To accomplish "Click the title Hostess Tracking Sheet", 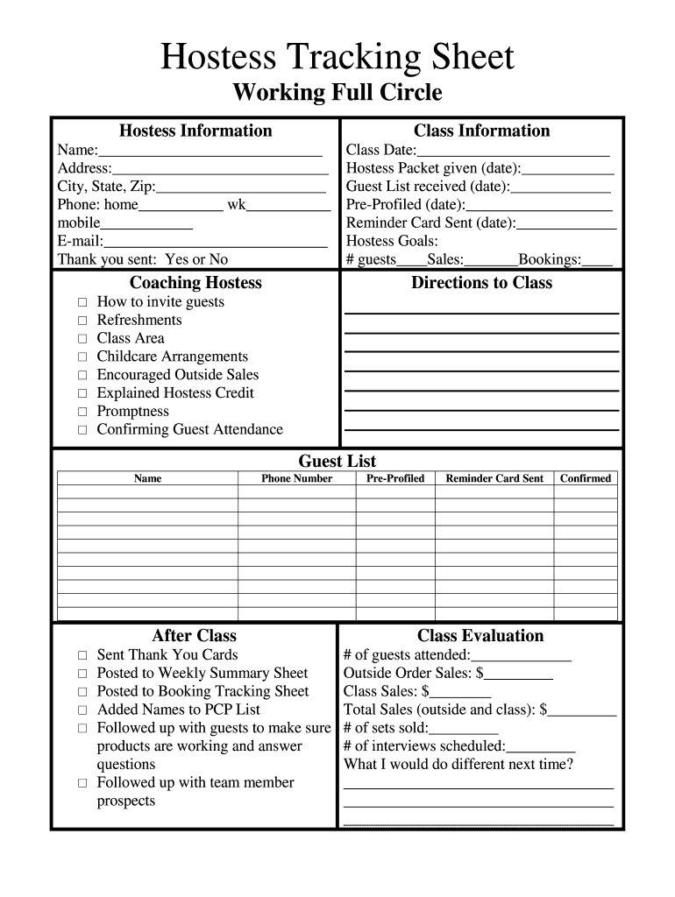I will pos(337,58).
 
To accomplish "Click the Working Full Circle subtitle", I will pos(337,93).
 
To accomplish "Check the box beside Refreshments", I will pos(82,321).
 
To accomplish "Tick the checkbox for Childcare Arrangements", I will pos(82,357).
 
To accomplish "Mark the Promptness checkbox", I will pos(82,412).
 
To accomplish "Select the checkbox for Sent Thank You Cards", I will pos(82,655).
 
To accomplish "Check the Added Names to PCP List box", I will pos(82,710).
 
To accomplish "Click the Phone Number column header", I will pos(296,478).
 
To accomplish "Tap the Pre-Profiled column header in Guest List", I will pos(394,478).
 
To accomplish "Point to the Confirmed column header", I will pos(586,478).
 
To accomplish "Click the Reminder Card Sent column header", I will pos(494,478).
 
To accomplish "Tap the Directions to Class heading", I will pos(481,282).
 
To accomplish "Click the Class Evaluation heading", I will pos(480,636).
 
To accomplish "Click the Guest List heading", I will pos(337,461).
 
